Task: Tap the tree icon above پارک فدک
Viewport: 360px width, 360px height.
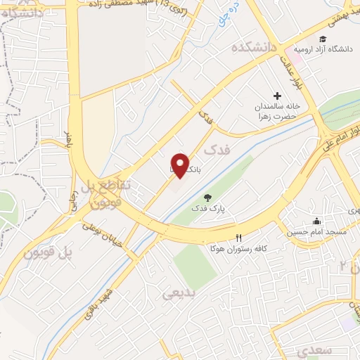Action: point(207,198)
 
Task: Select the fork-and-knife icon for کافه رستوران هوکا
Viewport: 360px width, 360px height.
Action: point(238,238)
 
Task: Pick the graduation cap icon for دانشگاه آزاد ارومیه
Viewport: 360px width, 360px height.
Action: point(322,39)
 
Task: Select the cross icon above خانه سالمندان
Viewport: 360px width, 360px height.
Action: point(277,96)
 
